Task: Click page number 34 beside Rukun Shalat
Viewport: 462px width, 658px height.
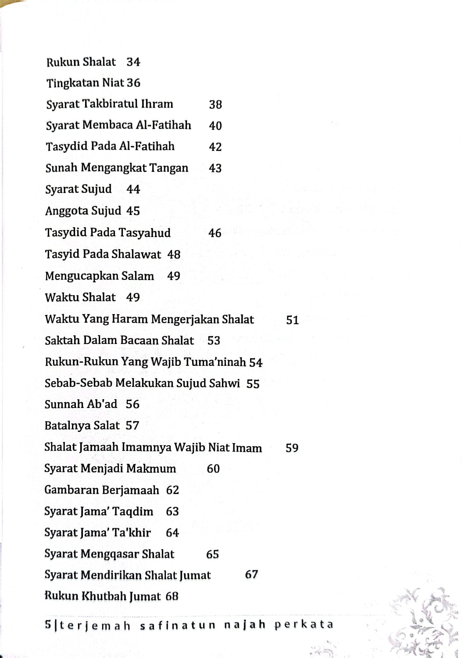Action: pos(133,62)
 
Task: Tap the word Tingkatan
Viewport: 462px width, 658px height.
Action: pos(73,83)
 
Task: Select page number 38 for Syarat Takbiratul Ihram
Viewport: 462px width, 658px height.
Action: pos(215,104)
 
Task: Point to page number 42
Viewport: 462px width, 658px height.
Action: pos(215,147)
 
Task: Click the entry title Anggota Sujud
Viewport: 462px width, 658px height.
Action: pos(83,211)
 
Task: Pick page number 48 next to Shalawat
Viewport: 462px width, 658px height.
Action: pos(174,254)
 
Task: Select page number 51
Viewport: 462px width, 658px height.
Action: pos(292,320)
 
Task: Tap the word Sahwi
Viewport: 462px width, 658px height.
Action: pos(225,383)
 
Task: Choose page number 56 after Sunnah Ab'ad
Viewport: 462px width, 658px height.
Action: pos(133,404)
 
